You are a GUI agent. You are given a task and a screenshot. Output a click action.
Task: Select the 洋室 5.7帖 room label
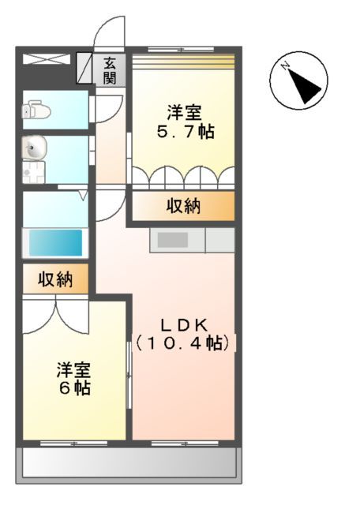pos(184,122)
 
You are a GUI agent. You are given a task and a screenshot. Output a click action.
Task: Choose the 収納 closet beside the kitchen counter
pos(182,207)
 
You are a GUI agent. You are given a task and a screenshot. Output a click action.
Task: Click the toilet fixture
pos(38,111)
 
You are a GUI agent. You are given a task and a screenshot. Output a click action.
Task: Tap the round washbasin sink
pos(34,147)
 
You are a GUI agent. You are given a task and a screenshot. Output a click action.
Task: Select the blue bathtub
pos(55,242)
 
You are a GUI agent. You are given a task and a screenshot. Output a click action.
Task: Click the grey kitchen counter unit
pos(192,240)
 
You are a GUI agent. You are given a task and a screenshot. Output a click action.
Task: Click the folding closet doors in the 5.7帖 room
pos(182,176)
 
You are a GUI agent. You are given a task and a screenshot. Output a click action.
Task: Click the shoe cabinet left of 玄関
pos(84,69)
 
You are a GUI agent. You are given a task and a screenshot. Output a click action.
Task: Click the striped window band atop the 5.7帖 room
pos(182,61)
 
